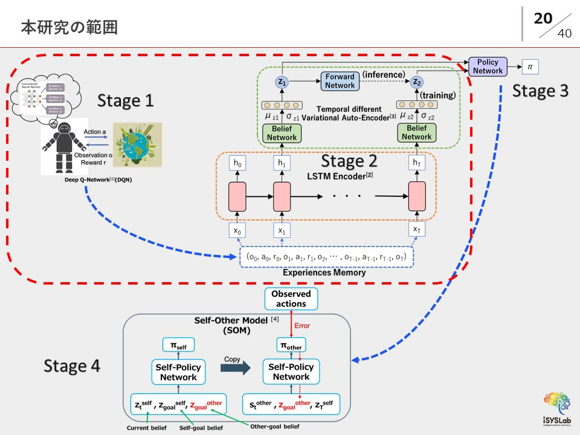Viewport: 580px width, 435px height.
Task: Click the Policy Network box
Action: coord(488,66)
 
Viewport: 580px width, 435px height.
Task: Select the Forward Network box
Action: coord(340,81)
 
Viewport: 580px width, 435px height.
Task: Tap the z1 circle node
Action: coord(282,82)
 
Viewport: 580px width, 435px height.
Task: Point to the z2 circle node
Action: coord(416,82)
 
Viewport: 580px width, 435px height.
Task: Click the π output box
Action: coord(530,66)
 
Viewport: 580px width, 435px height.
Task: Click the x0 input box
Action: coord(237,230)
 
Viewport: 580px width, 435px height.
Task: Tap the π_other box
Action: coord(291,346)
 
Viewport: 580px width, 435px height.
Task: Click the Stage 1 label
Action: coord(126,100)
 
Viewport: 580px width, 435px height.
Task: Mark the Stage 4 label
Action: coord(72,366)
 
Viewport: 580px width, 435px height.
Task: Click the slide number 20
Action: coord(543,19)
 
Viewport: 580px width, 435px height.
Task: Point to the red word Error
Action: coord(302,326)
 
